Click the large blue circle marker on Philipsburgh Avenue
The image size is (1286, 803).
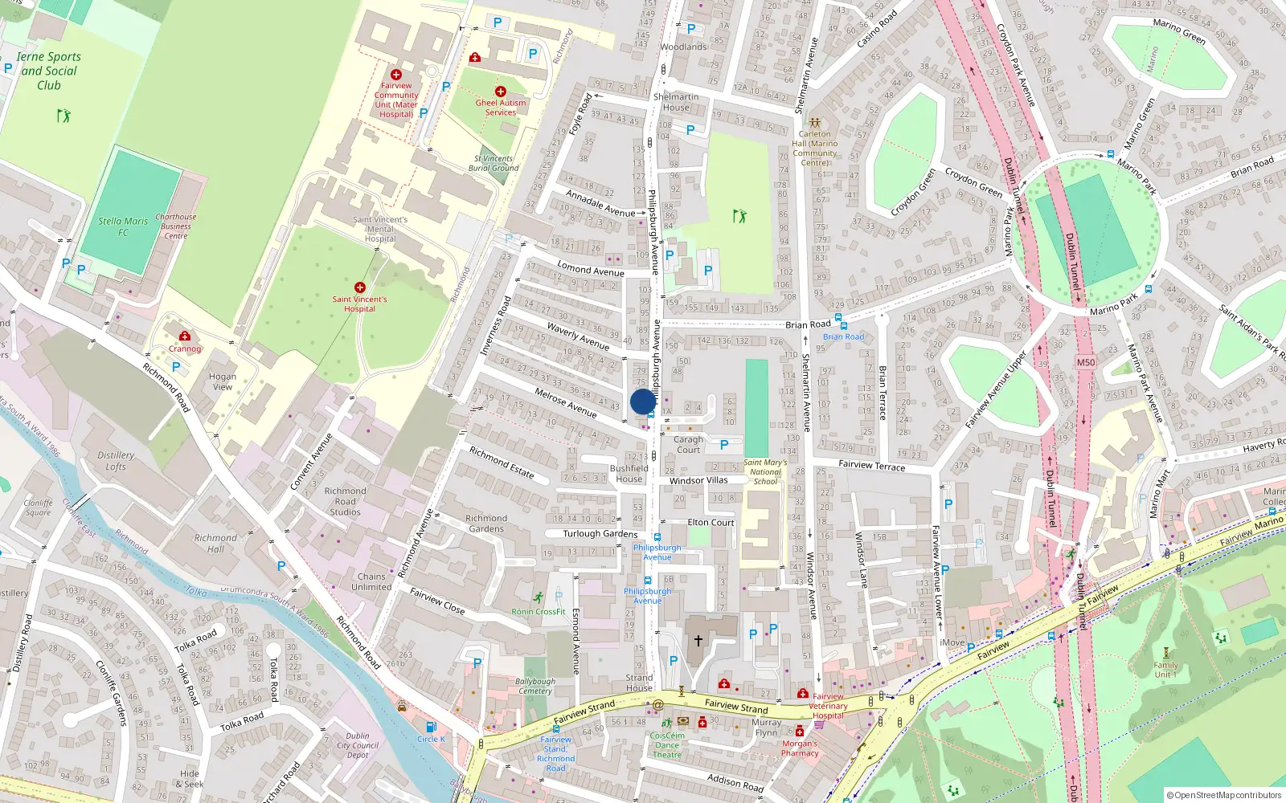point(643,401)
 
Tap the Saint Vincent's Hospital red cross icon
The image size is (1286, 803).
point(360,287)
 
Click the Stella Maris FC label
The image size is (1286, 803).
point(123,226)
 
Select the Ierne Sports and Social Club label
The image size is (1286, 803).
point(49,71)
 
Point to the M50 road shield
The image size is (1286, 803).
point(1085,362)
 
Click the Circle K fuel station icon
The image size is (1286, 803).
point(431,727)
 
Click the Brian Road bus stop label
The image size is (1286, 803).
point(843,336)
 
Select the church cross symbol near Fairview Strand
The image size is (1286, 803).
point(698,640)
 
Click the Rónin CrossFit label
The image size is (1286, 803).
point(539,612)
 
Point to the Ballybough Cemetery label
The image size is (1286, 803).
point(534,686)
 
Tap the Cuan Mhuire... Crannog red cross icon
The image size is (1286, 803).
point(185,336)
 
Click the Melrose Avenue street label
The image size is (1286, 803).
point(566,402)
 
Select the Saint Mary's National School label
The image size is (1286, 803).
point(764,472)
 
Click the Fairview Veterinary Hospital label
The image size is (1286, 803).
point(828,706)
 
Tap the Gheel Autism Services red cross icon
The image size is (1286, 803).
point(501,92)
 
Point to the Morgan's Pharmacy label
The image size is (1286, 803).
point(800,748)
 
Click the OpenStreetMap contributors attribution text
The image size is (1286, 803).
point(1224,795)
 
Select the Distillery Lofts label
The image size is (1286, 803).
point(116,460)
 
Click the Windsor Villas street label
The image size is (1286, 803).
point(698,480)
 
